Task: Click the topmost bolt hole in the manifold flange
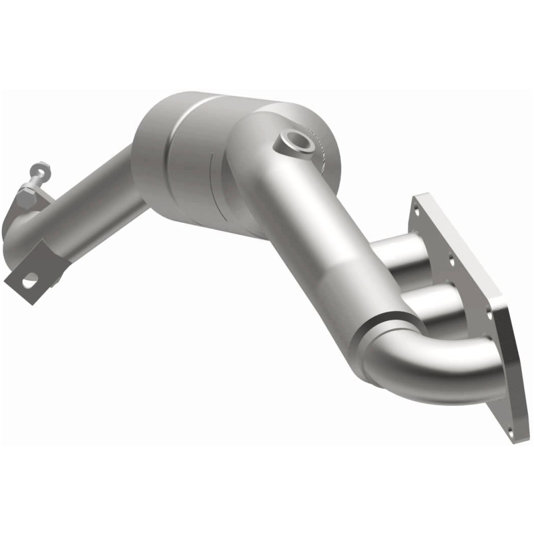click(x=420, y=209)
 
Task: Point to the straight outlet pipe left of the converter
click(x=93, y=207)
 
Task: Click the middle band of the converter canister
click(x=194, y=167)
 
